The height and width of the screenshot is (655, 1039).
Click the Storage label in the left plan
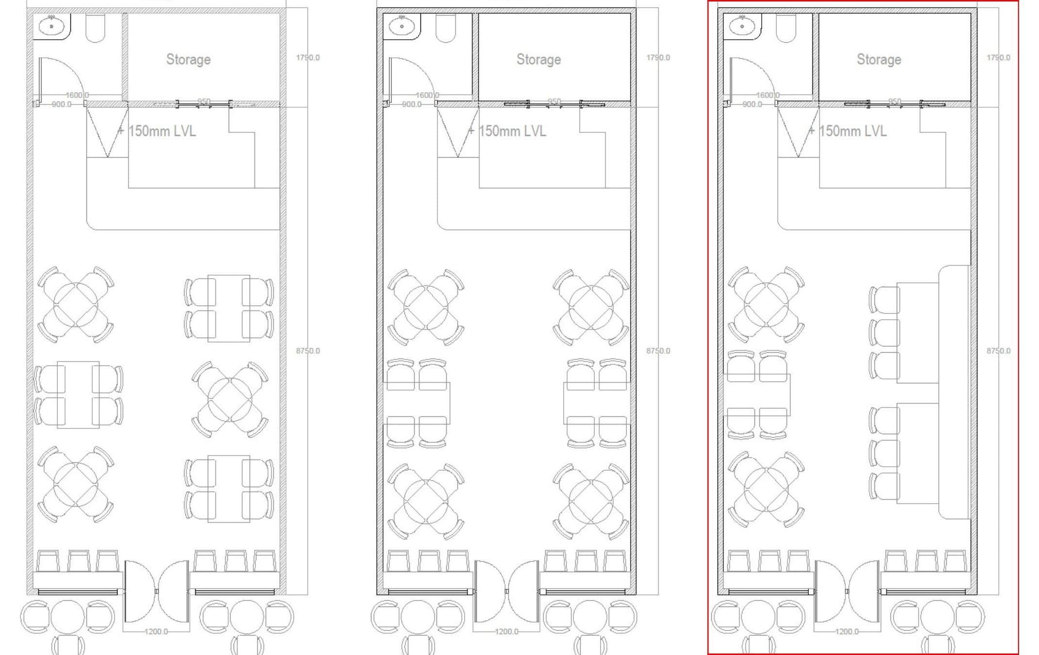[188, 59]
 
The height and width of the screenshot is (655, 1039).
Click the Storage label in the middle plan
[538, 59]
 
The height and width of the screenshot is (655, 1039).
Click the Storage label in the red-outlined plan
[879, 59]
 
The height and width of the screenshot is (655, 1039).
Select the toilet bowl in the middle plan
[445, 28]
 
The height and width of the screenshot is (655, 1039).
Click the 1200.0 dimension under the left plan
[156, 632]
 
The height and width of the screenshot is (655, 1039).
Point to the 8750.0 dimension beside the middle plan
[658, 350]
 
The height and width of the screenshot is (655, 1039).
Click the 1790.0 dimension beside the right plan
[998, 57]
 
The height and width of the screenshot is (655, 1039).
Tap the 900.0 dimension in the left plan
[61, 104]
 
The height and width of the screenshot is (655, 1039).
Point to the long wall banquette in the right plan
[954, 392]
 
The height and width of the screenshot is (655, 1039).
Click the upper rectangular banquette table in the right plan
[917, 332]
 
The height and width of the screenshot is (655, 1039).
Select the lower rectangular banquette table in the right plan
[917, 453]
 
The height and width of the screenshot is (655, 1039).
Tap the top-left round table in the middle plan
[426, 308]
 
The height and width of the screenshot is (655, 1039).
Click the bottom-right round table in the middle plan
[591, 502]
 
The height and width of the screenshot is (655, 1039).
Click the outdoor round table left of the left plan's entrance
[68, 617]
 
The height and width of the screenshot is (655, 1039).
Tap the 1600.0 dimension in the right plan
[767, 95]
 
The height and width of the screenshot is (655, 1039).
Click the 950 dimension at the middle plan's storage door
[554, 101]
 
